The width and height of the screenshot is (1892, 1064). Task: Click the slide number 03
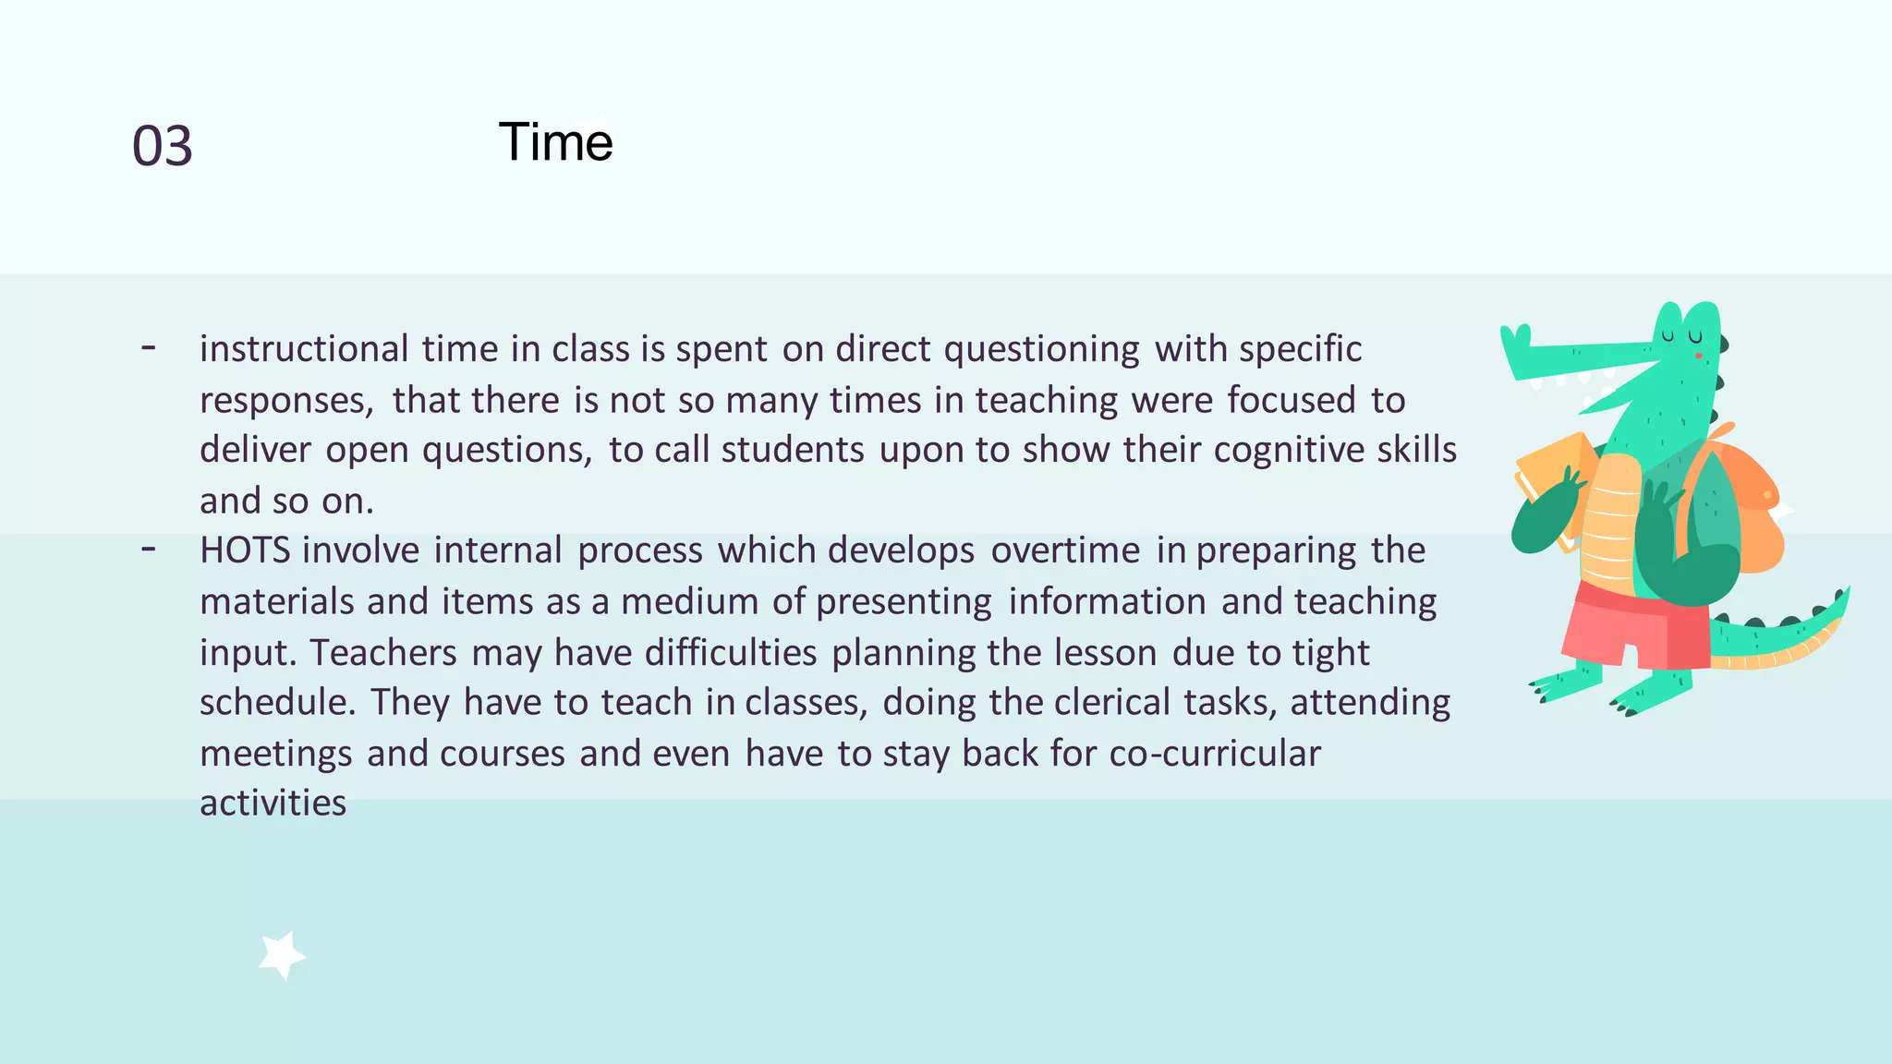[163, 146]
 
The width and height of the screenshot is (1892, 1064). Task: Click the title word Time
[555, 142]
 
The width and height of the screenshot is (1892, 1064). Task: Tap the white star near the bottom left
[282, 954]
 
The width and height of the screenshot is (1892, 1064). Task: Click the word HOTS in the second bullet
[245, 550]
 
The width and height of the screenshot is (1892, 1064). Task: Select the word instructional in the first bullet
[304, 349]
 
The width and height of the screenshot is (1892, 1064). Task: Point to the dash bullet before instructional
[148, 348]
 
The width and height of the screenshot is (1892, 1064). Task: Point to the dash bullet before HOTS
[148, 550]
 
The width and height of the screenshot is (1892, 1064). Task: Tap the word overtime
[1065, 550]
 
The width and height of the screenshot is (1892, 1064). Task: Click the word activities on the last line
[273, 803]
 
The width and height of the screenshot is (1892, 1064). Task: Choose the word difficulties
[731, 652]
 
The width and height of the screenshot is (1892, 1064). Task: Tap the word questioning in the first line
[1041, 349]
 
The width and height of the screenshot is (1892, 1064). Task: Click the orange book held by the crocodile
[1552, 471]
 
